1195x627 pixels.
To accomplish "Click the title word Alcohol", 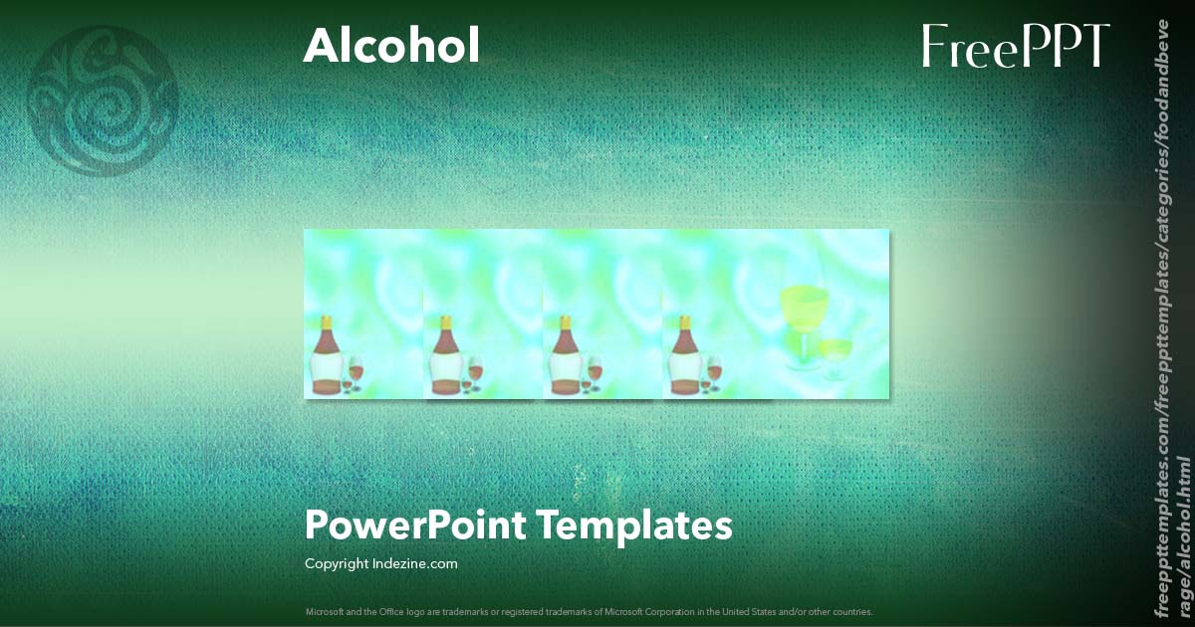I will pos(391,46).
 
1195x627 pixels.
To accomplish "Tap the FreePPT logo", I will pos(1015,47).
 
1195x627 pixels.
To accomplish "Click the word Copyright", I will pos(336,563).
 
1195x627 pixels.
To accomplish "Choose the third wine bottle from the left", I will pos(565,358).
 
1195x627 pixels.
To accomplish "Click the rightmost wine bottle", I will pos(684,358).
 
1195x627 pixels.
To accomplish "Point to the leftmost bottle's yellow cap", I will pos(327,321).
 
